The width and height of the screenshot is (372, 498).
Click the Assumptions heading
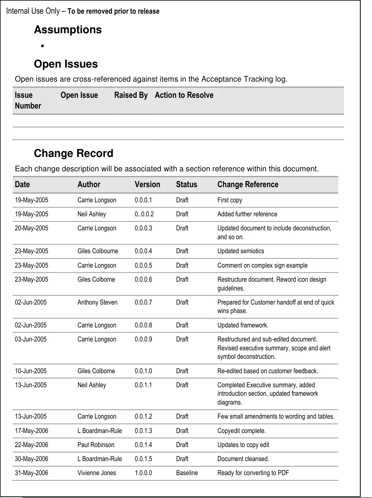(68, 30)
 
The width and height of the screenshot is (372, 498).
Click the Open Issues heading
(66, 64)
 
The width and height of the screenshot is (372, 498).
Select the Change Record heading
(74, 153)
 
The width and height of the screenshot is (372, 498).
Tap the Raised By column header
(131, 95)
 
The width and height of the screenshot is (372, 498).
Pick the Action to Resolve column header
(184, 95)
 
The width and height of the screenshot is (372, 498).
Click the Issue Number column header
(28, 100)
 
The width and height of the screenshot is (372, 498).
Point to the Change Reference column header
(248, 185)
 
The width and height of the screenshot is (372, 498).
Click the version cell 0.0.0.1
(143, 200)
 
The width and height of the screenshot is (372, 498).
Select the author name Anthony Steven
(98, 302)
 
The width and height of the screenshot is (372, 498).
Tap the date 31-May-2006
(31, 473)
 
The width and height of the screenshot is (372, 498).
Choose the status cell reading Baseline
(187, 473)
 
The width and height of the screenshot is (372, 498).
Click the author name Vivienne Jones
(97, 473)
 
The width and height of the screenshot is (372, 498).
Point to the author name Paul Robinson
(96, 445)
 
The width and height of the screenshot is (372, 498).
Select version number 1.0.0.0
(143, 473)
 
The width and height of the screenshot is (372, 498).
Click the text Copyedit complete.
(242, 431)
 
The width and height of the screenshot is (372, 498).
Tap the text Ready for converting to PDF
(253, 473)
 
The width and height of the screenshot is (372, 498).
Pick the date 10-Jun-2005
(31, 371)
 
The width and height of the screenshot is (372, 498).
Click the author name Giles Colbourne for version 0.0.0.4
(98, 251)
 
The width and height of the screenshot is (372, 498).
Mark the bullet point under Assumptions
(43, 46)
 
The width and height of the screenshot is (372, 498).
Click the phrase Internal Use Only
(33, 11)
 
